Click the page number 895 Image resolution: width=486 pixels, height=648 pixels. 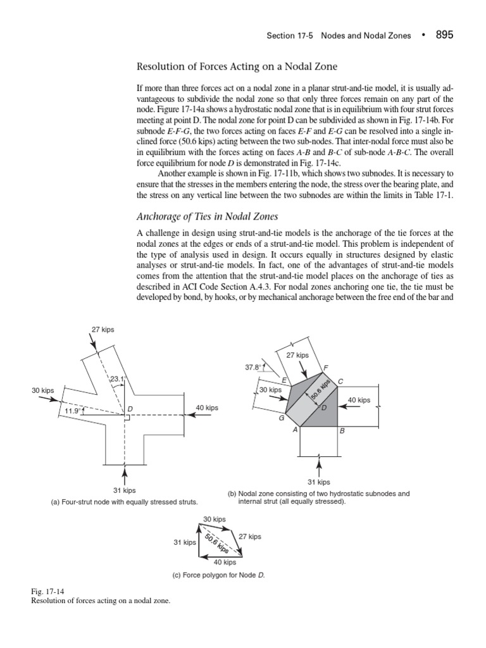click(x=444, y=35)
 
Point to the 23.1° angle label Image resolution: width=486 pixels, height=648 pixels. click(x=118, y=380)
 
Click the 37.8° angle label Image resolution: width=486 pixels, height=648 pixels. click(x=253, y=367)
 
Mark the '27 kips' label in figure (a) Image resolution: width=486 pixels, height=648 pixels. click(x=104, y=329)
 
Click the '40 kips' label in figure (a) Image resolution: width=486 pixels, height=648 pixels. click(x=207, y=408)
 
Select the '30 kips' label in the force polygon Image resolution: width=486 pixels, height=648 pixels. click(x=215, y=520)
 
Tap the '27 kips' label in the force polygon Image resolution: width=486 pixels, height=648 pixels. click(x=250, y=537)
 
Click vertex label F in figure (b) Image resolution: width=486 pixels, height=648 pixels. click(x=325, y=368)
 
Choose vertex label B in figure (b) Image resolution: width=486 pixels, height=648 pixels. click(x=342, y=431)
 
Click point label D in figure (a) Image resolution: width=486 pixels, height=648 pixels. click(x=130, y=409)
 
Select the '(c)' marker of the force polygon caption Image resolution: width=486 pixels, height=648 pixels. click(x=177, y=576)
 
